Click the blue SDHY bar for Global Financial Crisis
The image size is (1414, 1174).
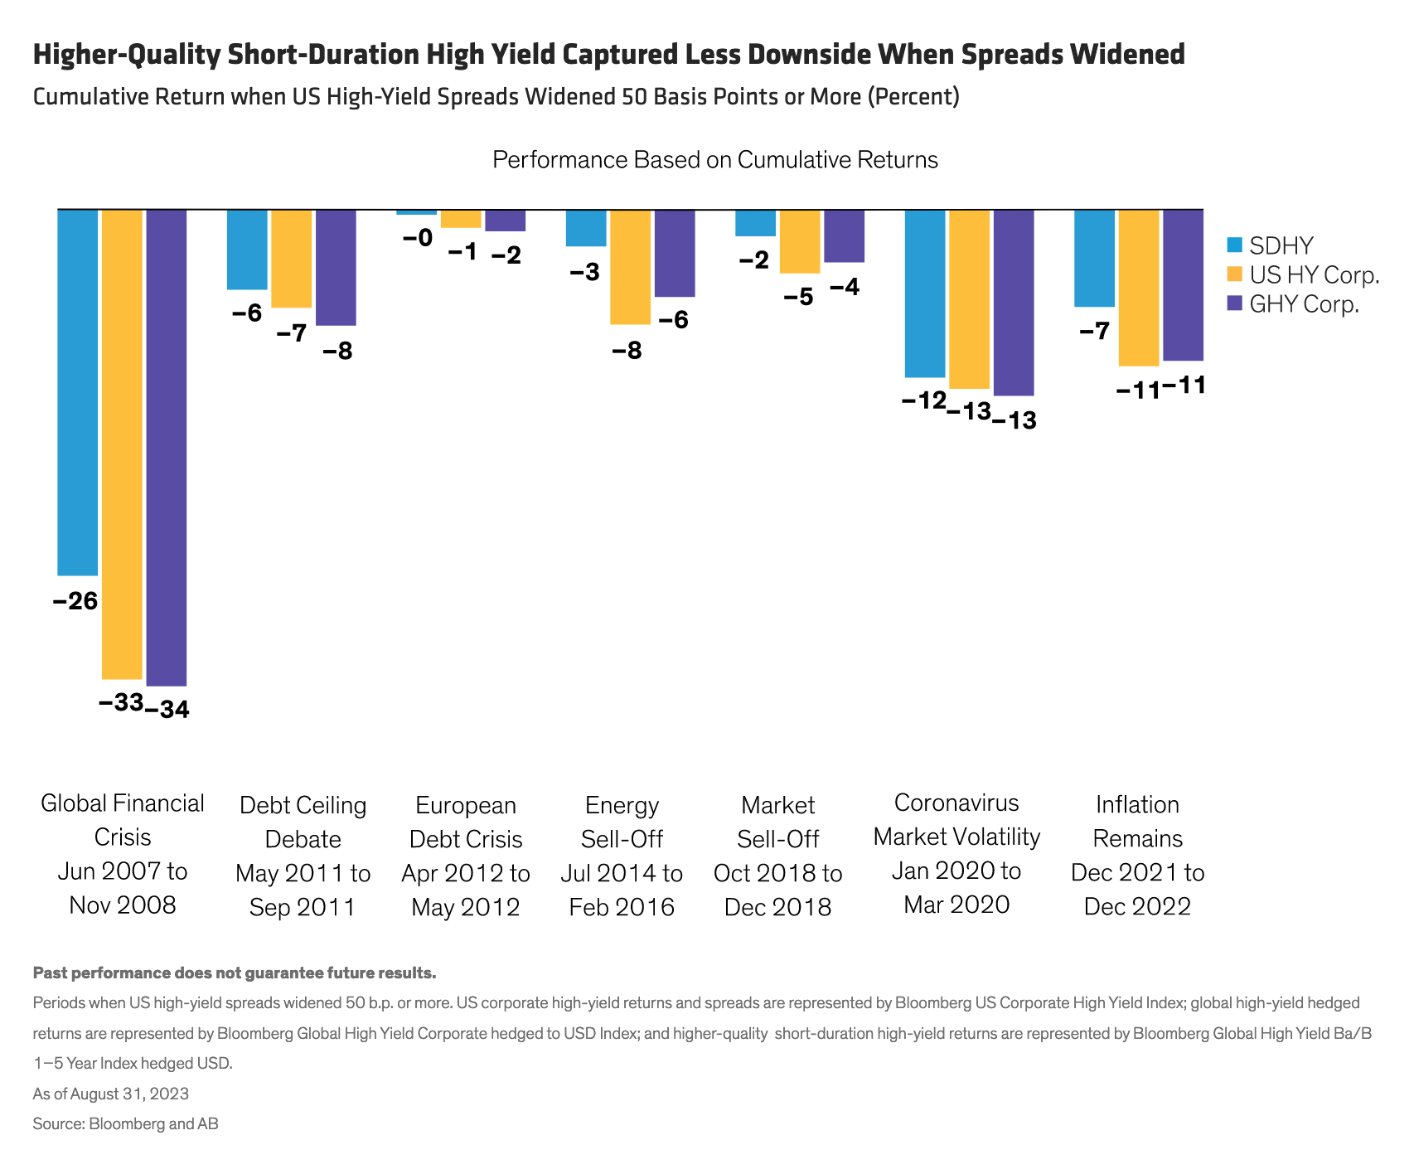(x=78, y=391)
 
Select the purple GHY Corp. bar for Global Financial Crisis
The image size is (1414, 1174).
(x=167, y=448)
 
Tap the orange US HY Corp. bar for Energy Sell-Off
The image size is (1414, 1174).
(x=630, y=266)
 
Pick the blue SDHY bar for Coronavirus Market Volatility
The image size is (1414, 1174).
(x=925, y=293)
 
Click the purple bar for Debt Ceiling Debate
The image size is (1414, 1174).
(x=336, y=267)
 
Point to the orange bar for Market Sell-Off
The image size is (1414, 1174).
(x=800, y=241)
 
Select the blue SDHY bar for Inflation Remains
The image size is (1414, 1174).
(x=1094, y=258)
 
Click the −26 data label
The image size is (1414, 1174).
(x=75, y=601)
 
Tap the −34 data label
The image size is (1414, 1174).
(x=167, y=711)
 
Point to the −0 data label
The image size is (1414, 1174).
(x=417, y=239)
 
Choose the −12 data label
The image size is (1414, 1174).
(x=924, y=401)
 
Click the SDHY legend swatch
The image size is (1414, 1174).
(x=1235, y=245)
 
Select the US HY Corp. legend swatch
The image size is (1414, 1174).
(x=1235, y=274)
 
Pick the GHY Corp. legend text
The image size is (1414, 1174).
(x=1305, y=304)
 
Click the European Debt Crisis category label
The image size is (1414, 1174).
(x=466, y=856)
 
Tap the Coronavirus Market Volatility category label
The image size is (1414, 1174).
(x=956, y=853)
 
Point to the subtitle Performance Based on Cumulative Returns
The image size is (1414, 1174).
(x=714, y=159)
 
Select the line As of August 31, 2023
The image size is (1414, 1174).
(x=111, y=1094)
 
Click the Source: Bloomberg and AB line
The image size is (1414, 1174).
(x=126, y=1124)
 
